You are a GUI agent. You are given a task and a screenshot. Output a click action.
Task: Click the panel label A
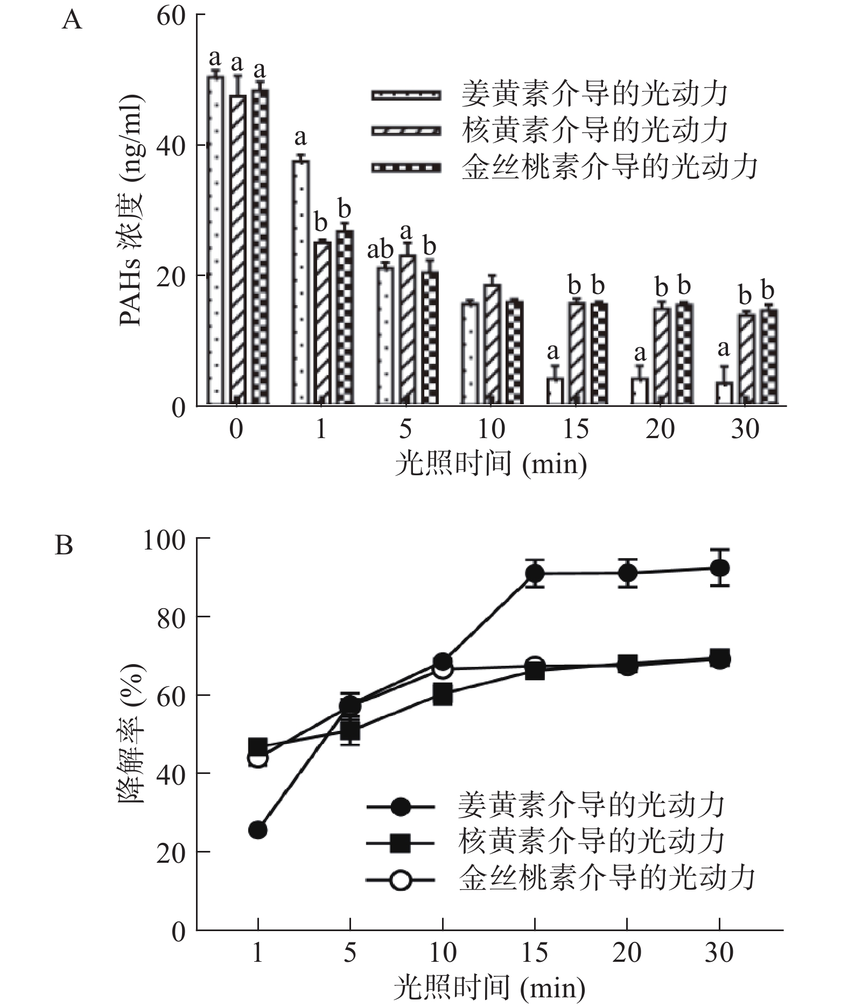tap(72, 21)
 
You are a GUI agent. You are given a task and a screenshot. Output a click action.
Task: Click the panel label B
tap(64, 545)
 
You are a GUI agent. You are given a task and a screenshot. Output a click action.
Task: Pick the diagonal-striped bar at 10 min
tap(492, 344)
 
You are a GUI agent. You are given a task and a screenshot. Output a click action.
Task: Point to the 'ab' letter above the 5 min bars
tap(380, 250)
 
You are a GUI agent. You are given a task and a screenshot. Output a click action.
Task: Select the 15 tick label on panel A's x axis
tap(576, 429)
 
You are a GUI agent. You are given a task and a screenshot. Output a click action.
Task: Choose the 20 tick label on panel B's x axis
tap(627, 953)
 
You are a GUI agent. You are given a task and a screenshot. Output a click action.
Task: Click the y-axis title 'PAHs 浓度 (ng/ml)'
tap(131, 210)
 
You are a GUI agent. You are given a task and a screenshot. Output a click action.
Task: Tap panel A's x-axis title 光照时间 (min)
tap(490, 463)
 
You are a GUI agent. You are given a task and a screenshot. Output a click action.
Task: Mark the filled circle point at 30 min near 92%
tap(719, 568)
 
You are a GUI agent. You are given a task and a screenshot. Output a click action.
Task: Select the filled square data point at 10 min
tap(443, 695)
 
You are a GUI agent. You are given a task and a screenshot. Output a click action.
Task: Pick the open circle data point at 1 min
tap(257, 759)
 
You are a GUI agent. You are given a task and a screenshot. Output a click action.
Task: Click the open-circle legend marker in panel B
tap(400, 881)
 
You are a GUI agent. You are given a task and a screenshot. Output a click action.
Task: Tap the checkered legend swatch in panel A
tap(406, 168)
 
